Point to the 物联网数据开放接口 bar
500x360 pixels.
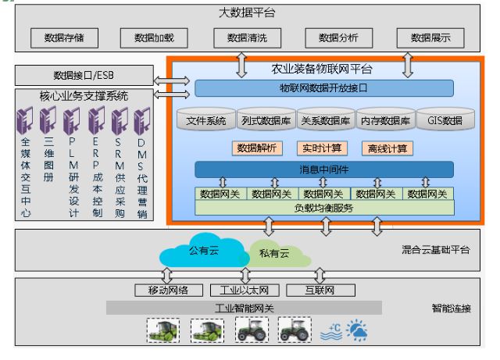[x=323, y=88]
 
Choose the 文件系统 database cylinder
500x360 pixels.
[x=206, y=121]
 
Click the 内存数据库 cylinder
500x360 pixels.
[x=383, y=121]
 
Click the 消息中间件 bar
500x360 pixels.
[x=323, y=169]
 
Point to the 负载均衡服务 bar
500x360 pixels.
[x=323, y=208]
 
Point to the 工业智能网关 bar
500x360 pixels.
[x=245, y=307]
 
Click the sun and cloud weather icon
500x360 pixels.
[x=359, y=331]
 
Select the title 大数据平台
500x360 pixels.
[x=246, y=13]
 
